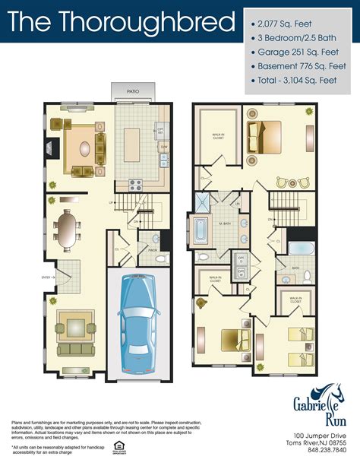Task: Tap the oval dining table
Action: (x=68, y=230)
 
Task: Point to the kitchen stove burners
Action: (x=136, y=183)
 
